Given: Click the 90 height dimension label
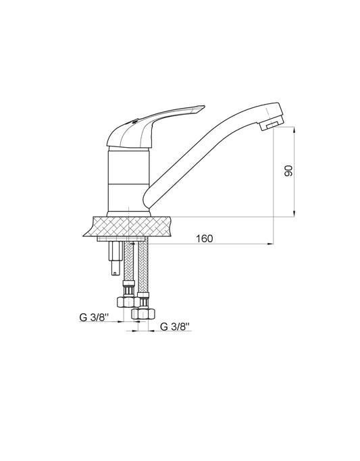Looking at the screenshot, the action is pyautogui.click(x=289, y=171).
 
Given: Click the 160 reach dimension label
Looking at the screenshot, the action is pyautogui.click(x=204, y=238).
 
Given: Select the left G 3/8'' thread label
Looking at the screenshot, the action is pyautogui.click(x=94, y=317).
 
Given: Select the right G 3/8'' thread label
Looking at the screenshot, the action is pyautogui.click(x=175, y=327).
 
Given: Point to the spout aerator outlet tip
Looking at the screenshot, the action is pyautogui.click(x=271, y=125).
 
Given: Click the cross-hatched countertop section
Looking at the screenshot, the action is pyautogui.click(x=128, y=226).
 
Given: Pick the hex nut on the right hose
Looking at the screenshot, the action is pyautogui.click(x=143, y=314).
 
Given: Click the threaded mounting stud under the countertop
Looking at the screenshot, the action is pyautogui.click(x=115, y=258).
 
